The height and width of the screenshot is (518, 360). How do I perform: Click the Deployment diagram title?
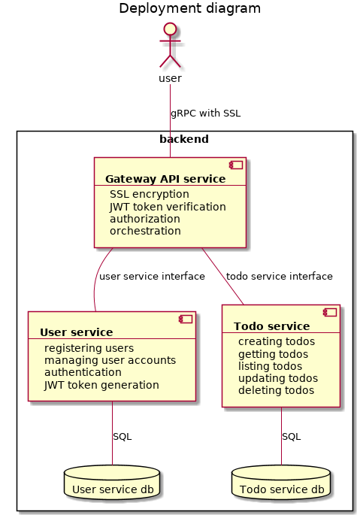189,8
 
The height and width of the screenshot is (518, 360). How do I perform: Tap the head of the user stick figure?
170,29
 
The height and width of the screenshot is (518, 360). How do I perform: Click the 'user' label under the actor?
170,79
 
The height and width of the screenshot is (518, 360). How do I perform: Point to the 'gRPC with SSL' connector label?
205,114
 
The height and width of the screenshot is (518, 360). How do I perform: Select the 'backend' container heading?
184,139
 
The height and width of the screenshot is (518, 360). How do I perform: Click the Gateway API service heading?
165,179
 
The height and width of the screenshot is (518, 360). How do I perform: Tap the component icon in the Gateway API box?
236,165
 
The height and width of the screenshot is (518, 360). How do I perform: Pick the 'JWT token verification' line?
168,207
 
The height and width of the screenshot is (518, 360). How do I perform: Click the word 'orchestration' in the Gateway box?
145,231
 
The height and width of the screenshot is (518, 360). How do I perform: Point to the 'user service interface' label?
152,276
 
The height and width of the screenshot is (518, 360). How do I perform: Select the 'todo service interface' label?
279,276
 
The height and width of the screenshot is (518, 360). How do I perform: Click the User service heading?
77,332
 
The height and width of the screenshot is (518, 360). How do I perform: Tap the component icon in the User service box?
186,319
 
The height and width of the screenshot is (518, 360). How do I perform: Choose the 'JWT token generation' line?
101,385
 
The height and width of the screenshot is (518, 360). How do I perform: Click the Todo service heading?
272,326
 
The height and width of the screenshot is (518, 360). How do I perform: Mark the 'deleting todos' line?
276,390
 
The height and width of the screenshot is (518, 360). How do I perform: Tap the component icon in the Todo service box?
330,312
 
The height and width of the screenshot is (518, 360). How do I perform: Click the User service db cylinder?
112,482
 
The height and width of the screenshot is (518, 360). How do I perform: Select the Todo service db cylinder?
281,482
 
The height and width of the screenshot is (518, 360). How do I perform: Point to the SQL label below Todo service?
292,437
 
